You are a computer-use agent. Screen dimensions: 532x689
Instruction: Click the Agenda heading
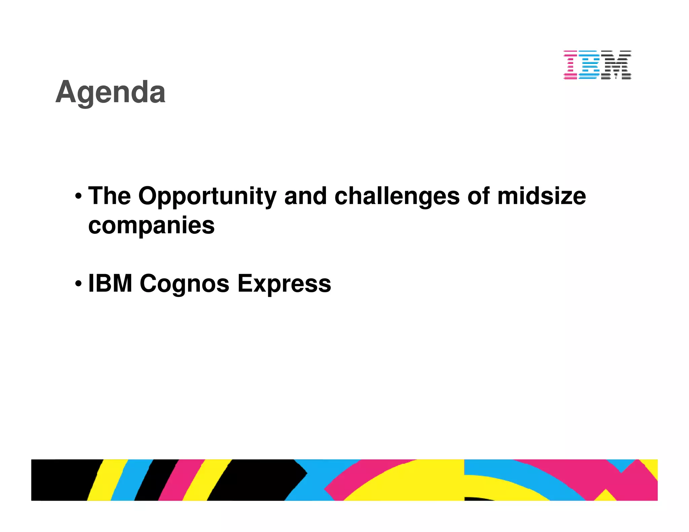pyautogui.click(x=110, y=92)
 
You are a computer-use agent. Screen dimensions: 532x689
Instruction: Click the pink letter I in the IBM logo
pyautogui.click(x=571, y=65)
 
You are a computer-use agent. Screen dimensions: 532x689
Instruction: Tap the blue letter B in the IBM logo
pyautogui.click(x=588, y=65)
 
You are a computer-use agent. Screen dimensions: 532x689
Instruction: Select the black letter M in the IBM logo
pyautogui.click(x=616, y=65)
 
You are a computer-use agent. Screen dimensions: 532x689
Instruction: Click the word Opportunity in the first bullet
pyautogui.click(x=207, y=196)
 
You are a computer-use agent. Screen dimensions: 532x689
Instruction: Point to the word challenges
pyautogui.click(x=397, y=196)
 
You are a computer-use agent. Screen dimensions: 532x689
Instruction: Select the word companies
pyautogui.click(x=151, y=226)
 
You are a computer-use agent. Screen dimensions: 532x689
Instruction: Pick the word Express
pyautogui.click(x=284, y=284)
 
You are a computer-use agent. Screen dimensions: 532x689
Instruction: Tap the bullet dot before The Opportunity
pyautogui.click(x=78, y=196)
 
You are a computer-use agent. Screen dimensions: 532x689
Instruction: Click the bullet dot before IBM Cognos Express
pyautogui.click(x=78, y=283)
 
